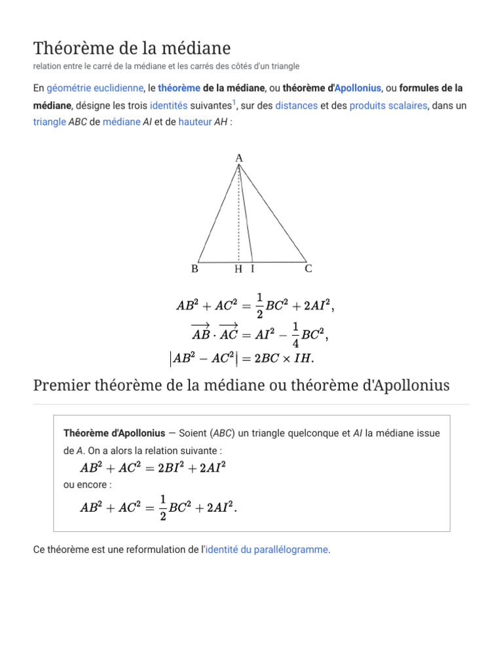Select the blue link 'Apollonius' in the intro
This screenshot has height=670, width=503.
click(x=358, y=88)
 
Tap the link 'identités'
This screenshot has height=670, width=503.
click(x=168, y=105)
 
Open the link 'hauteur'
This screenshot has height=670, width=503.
click(x=195, y=122)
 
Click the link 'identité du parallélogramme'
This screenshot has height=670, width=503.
click(x=267, y=550)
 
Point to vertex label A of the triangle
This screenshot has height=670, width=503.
click(x=239, y=158)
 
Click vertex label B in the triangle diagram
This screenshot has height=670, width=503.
click(x=195, y=269)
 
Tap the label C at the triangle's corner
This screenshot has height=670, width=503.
click(x=308, y=269)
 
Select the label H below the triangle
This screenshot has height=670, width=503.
click(x=238, y=269)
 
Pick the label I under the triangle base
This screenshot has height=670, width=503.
click(x=252, y=269)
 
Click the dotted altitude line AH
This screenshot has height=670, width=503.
click(x=238, y=222)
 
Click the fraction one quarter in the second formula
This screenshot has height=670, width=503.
click(x=295, y=335)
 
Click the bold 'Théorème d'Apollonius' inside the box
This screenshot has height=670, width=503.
click(x=115, y=433)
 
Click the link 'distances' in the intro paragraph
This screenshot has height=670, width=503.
click(x=297, y=105)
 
